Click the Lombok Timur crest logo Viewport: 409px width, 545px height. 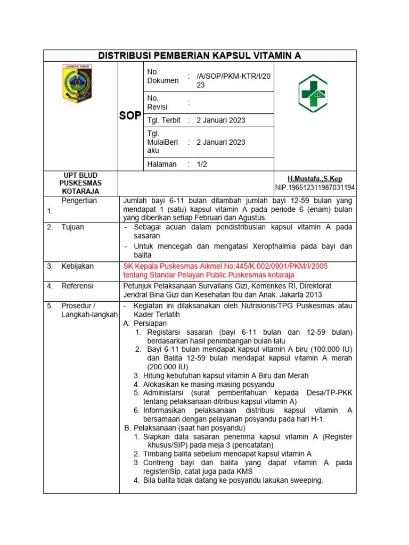click(x=77, y=84)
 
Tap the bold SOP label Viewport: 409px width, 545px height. click(x=130, y=115)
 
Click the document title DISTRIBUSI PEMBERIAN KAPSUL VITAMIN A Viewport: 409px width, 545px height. click(x=200, y=56)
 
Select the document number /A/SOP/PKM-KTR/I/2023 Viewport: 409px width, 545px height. click(x=233, y=80)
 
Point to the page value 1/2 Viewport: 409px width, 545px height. click(x=202, y=164)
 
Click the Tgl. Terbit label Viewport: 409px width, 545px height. click(x=163, y=120)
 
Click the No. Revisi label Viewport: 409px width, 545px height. click(x=154, y=103)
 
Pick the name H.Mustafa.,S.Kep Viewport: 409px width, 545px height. click(x=315, y=179)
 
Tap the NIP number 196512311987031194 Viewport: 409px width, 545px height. click(x=315, y=188)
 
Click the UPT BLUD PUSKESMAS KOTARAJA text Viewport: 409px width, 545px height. click(x=80, y=183)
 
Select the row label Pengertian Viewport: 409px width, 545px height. click(x=79, y=201)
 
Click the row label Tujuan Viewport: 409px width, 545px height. click(x=73, y=227)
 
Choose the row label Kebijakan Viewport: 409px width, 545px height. click(x=77, y=266)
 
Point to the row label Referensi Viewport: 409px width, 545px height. click(x=77, y=286)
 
